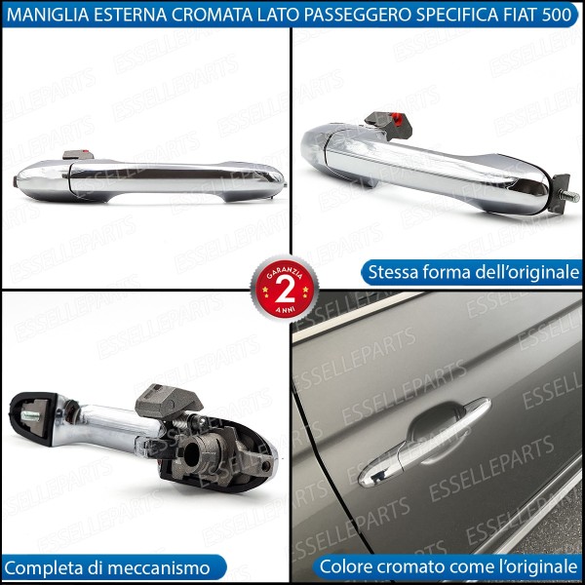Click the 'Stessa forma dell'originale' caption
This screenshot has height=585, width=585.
[x=470, y=273]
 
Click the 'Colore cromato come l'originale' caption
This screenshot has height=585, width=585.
[x=449, y=566]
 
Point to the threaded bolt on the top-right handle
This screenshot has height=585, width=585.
[x=568, y=196]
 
